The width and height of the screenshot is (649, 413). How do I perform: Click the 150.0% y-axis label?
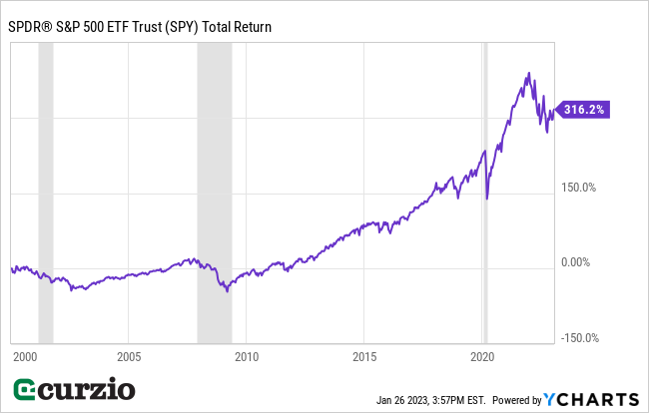click(x=579, y=187)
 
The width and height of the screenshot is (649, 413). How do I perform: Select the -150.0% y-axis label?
click(x=578, y=337)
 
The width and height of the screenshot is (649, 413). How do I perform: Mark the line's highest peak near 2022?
click(x=529, y=74)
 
